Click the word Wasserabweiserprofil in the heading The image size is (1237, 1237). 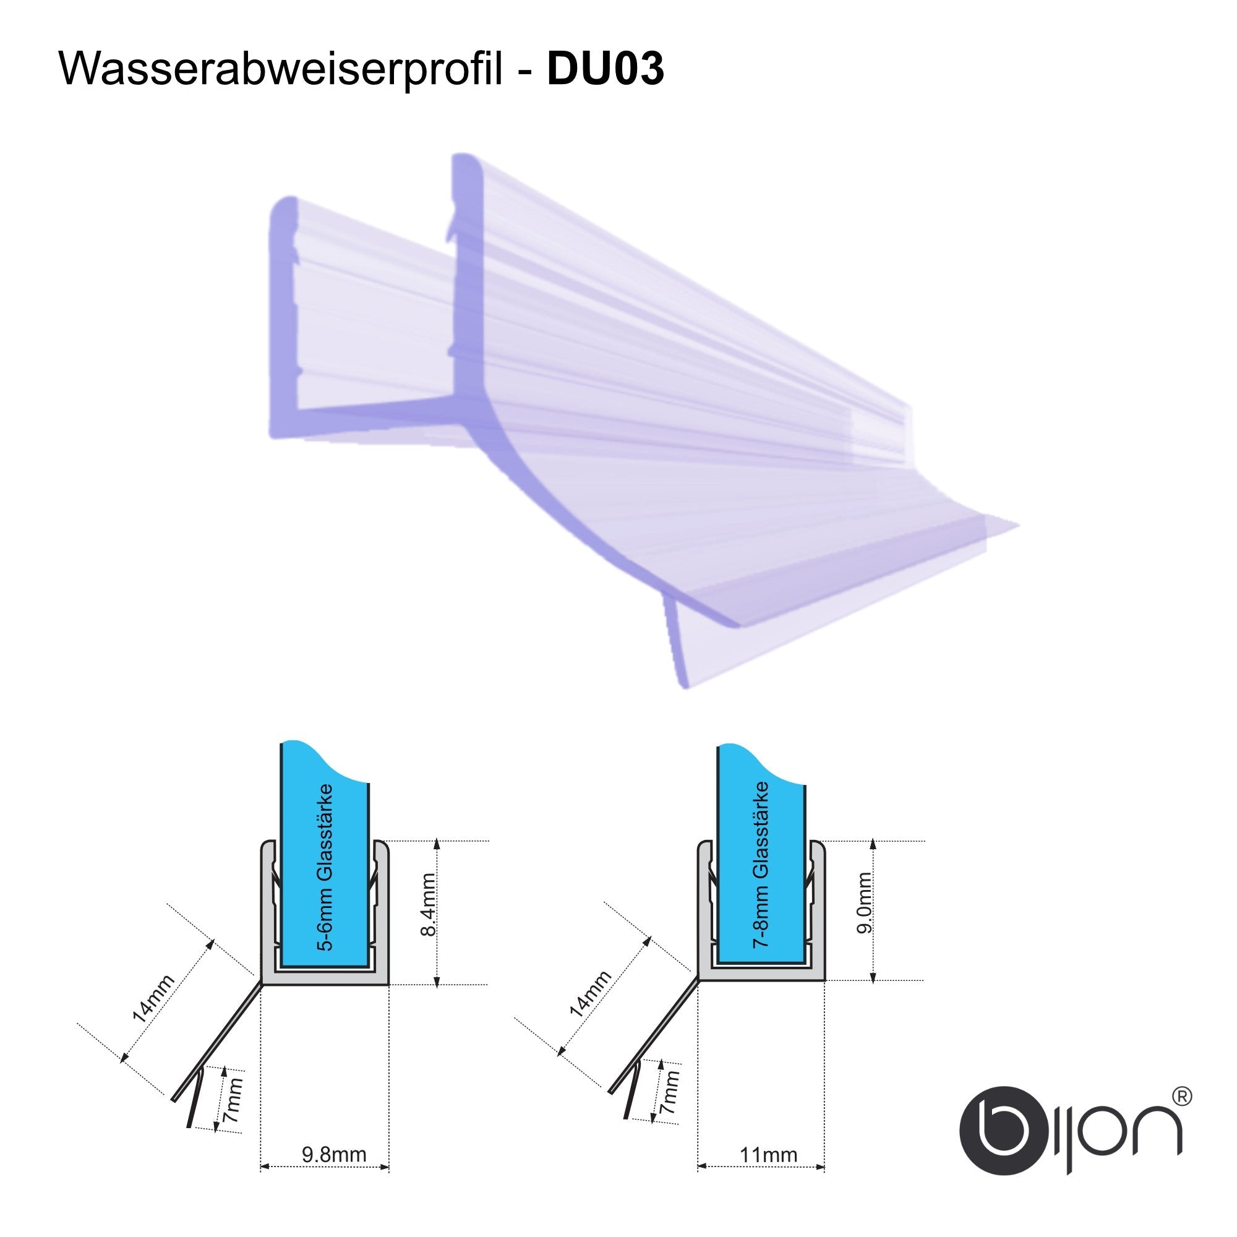[x=280, y=70]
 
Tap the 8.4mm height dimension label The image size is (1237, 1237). [x=428, y=904]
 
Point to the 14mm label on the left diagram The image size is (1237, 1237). [x=152, y=998]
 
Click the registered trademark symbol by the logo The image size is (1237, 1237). [x=1181, y=1097]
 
